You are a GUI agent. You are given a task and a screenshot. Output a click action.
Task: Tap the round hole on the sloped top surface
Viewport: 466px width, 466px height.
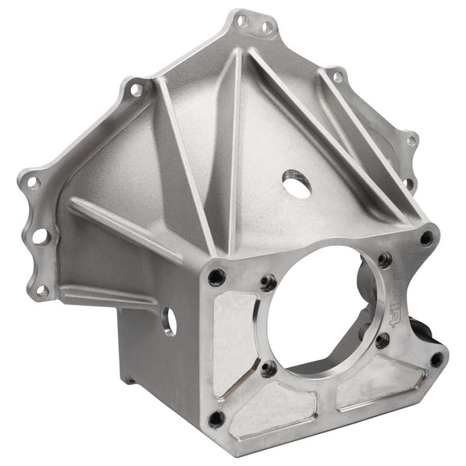tap(296, 186)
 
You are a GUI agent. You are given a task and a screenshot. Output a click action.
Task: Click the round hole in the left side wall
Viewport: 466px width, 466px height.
tap(170, 321)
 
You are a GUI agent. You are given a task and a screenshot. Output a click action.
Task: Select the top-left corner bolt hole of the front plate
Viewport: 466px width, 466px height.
tap(216, 277)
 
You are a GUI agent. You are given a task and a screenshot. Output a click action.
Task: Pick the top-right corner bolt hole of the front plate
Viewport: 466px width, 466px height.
tap(427, 238)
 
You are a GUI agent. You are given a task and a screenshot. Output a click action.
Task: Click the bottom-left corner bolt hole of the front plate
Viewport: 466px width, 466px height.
tap(216, 419)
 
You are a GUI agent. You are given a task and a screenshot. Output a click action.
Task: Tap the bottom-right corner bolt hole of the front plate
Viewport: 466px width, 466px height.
tap(436, 359)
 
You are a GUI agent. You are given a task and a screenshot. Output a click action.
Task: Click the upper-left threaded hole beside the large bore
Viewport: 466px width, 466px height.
tap(268, 282)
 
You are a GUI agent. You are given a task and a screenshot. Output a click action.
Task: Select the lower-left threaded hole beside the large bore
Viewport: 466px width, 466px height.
tap(268, 369)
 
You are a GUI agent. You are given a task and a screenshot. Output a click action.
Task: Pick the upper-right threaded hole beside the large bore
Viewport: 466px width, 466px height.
tap(385, 260)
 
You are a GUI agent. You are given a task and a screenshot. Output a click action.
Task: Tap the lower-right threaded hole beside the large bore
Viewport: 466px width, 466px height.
tap(382, 341)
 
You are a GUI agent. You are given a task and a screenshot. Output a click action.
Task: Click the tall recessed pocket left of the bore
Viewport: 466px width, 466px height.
tap(232, 345)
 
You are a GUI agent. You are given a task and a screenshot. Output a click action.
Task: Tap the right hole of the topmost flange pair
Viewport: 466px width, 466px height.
tap(268, 27)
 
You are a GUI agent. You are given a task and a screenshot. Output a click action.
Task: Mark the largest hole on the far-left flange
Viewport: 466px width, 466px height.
tap(38, 236)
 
